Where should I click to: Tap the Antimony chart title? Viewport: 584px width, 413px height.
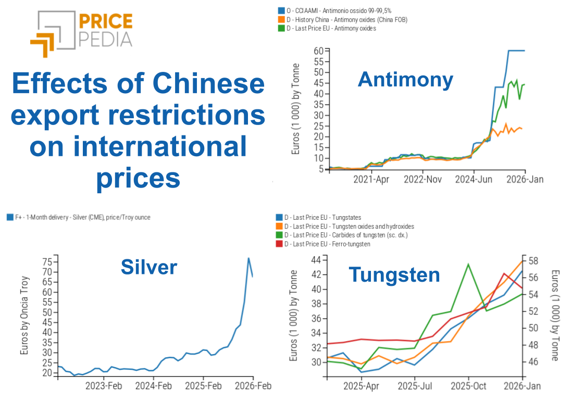coord(405,79)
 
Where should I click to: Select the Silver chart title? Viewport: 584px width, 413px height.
coord(148,267)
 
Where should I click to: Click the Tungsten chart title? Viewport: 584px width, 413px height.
coord(394,274)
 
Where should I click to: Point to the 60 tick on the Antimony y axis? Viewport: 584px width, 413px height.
coord(318,51)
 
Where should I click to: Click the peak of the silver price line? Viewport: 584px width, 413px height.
coord(248,258)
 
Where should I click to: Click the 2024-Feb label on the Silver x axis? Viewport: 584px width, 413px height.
coord(153,386)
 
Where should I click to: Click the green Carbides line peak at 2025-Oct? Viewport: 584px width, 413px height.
coord(468,264)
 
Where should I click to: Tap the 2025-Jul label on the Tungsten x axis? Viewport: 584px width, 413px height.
coord(415,386)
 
